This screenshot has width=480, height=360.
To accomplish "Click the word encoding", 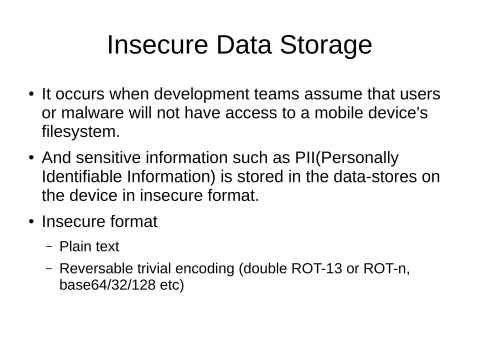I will (x=207, y=268).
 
